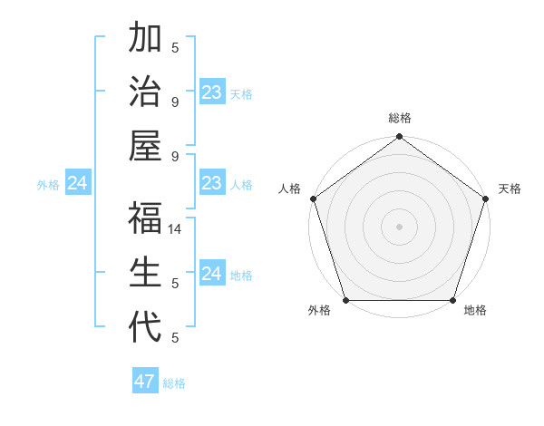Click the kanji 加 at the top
click(145, 40)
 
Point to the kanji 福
click(145, 220)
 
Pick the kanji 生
click(145, 273)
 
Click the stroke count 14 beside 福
click(176, 230)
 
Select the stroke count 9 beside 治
click(175, 102)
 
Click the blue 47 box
click(145, 382)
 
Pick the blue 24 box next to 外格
click(77, 184)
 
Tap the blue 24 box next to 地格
click(211, 274)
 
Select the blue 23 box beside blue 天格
click(212, 92)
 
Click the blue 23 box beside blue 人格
click(212, 184)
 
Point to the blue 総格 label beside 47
click(174, 383)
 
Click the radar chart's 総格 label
click(399, 118)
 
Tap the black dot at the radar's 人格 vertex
click(313, 198)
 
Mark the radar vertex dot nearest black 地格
click(452, 300)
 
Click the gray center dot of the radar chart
click(399, 227)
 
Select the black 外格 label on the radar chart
click(319, 311)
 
